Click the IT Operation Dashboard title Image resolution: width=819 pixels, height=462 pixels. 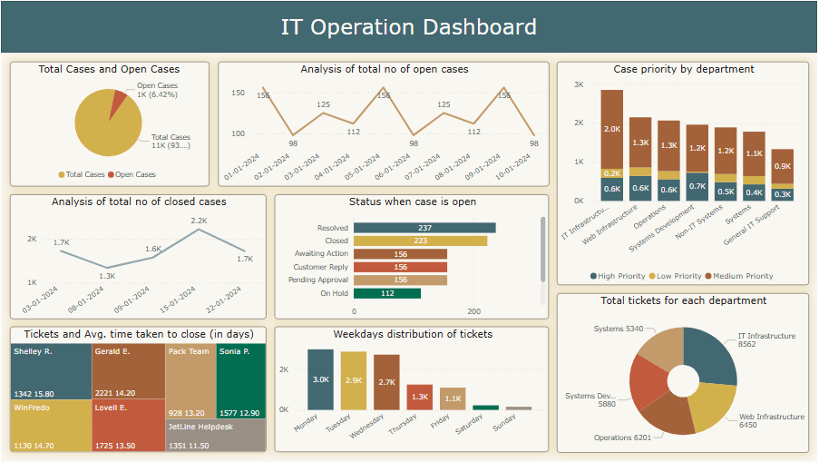pyautogui.click(x=408, y=27)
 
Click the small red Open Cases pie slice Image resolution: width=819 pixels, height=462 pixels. pyautogui.click(x=117, y=105)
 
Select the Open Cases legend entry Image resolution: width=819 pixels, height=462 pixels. pyautogui.click(x=132, y=174)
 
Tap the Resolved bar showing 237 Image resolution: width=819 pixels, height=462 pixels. pyautogui.click(x=424, y=228)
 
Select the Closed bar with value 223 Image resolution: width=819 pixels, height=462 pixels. pyautogui.click(x=419, y=241)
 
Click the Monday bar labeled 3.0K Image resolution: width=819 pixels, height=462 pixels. pyautogui.click(x=320, y=379)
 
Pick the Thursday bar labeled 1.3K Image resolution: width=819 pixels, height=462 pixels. pyautogui.click(x=420, y=397)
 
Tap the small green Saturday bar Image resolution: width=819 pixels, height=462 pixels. pyautogui.click(x=486, y=408)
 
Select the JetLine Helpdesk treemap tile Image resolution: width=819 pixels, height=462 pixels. pyautogui.click(x=216, y=435)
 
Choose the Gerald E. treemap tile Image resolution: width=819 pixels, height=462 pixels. pyautogui.click(x=128, y=371)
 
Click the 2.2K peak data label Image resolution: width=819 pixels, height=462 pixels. pyautogui.click(x=199, y=221)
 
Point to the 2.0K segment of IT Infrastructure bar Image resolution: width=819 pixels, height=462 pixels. pyautogui.click(x=612, y=129)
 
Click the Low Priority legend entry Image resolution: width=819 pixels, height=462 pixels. pyautogui.click(x=677, y=276)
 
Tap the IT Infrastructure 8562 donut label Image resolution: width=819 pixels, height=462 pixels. pyautogui.click(x=766, y=340)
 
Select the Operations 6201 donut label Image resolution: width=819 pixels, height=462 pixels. pyautogui.click(x=623, y=437)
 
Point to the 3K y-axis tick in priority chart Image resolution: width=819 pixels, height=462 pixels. pyautogui.click(x=579, y=84)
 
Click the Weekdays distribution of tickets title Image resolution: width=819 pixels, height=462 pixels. pyautogui.click(x=413, y=334)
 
